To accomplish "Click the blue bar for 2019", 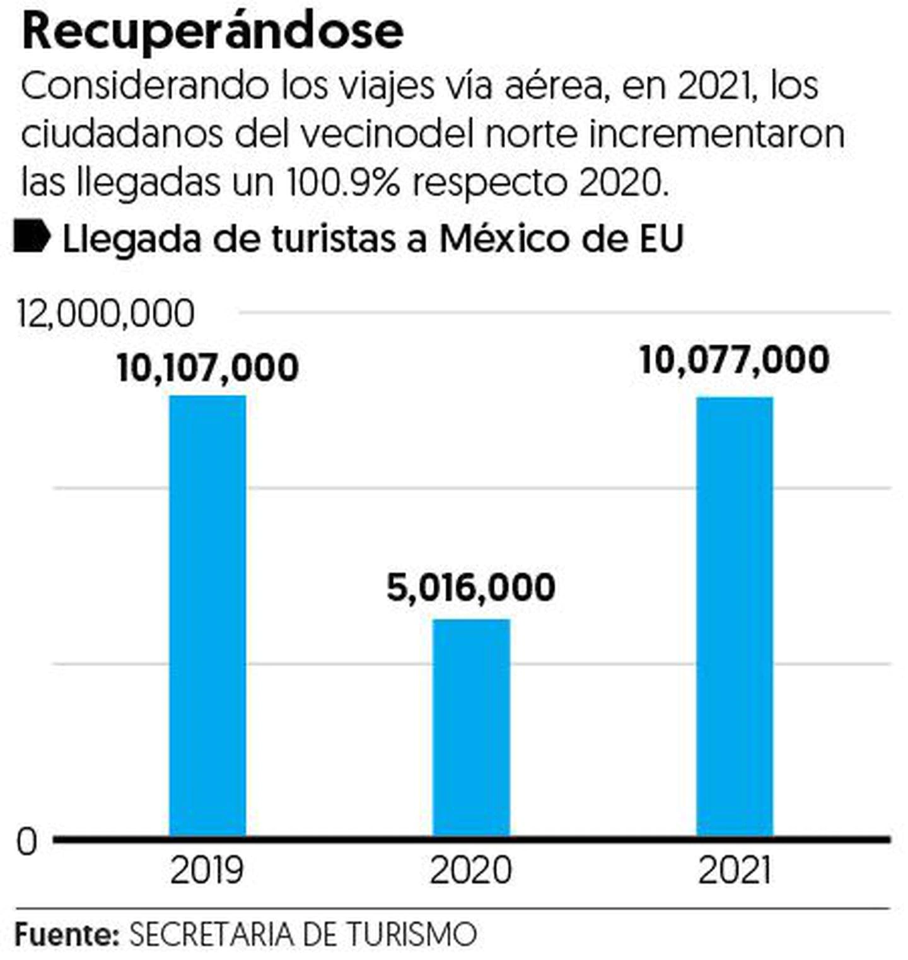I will click(x=207, y=616).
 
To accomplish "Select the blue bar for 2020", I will click(x=471, y=728).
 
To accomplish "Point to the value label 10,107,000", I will click(x=207, y=367).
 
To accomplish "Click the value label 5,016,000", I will click(x=471, y=587).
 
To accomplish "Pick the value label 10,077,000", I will click(x=734, y=360).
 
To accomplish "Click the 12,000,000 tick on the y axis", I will click(x=106, y=313).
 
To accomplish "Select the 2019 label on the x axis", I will click(x=207, y=871).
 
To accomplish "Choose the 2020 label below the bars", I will click(x=471, y=871).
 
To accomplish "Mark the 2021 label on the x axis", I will click(x=735, y=871).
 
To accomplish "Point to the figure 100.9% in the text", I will click(x=343, y=183).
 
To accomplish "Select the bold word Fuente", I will click(x=67, y=934).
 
